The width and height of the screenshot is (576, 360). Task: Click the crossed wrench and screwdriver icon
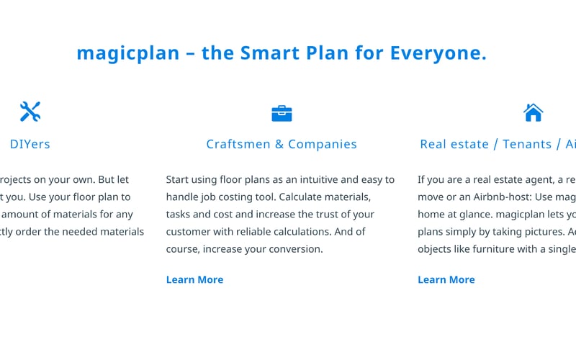point(30,112)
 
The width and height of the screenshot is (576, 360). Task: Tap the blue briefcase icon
point(282,113)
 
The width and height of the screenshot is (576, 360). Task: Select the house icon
point(533,112)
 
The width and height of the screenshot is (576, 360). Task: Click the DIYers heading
point(30,144)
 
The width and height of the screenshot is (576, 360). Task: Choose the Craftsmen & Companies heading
point(282,144)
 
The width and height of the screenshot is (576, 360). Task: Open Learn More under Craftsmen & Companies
point(194,279)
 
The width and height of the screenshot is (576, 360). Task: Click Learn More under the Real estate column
point(446,279)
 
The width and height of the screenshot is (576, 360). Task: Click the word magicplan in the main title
point(127,53)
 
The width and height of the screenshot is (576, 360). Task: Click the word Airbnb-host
point(497,197)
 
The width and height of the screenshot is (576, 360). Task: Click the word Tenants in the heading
point(526,144)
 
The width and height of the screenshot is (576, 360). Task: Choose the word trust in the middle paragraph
point(347,214)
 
